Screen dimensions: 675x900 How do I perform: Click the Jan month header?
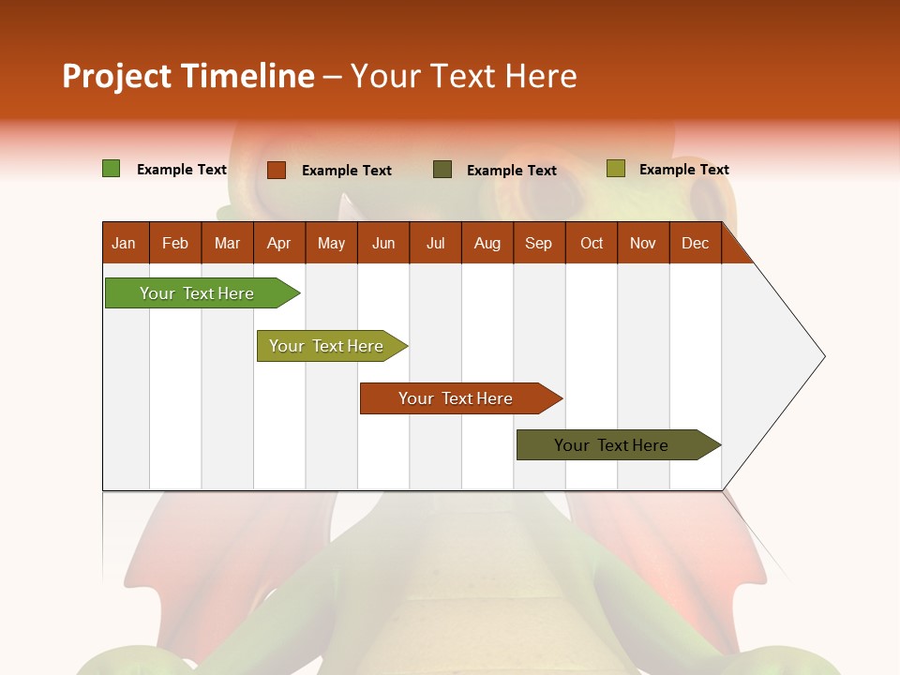click(125, 243)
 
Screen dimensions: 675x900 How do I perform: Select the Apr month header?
click(279, 243)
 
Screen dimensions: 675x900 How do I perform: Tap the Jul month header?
click(435, 243)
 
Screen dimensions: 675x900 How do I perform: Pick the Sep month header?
click(539, 243)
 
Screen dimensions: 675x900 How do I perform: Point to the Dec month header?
click(695, 243)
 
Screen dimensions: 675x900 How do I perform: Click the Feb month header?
click(175, 243)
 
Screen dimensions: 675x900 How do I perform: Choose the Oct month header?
click(592, 243)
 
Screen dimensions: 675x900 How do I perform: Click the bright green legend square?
click(112, 169)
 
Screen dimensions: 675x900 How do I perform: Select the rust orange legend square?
click(277, 170)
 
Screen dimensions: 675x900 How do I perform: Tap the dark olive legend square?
click(442, 169)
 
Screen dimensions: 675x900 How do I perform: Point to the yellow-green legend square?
click(615, 169)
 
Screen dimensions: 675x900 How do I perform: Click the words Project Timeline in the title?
click(187, 76)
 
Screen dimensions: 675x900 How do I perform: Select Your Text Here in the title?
click(463, 76)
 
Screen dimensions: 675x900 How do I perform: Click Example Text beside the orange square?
click(347, 171)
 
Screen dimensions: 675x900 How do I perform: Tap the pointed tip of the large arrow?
click(823, 356)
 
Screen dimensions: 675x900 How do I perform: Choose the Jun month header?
click(383, 243)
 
